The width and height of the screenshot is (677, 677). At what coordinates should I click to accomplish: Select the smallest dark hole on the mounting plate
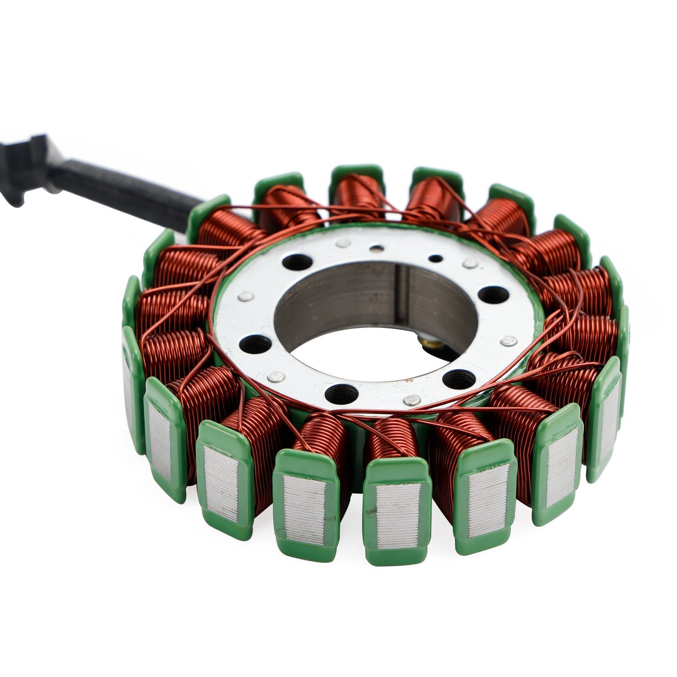tap(435, 258)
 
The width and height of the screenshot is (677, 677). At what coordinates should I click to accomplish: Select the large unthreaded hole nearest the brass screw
tap(493, 294)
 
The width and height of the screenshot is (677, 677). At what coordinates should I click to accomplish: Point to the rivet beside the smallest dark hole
tap(470, 264)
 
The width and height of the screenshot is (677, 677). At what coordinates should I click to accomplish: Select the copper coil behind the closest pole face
tap(391, 440)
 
